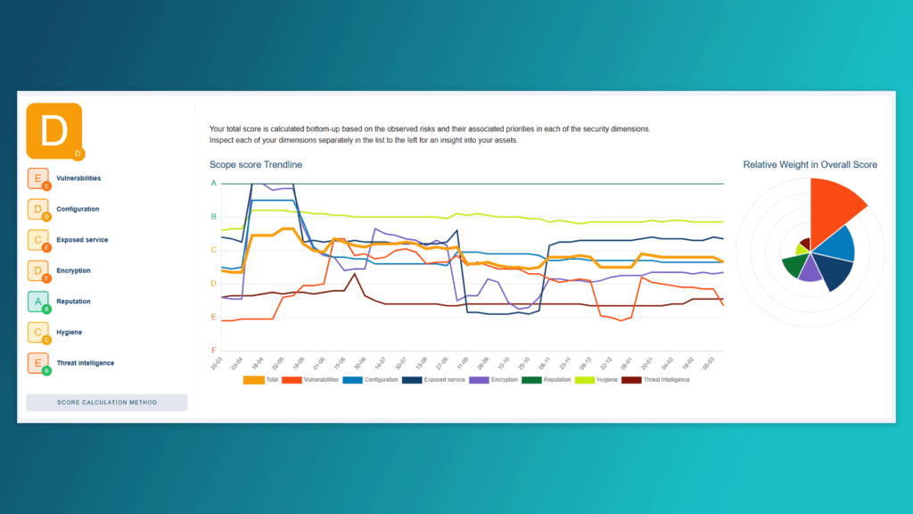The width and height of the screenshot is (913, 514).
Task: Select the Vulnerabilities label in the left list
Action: click(x=78, y=178)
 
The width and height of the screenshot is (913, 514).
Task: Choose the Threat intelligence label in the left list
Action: click(x=85, y=363)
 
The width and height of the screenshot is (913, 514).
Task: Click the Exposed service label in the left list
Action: click(x=81, y=240)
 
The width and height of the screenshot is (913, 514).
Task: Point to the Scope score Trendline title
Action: click(x=256, y=165)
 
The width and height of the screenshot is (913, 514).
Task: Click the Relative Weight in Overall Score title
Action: click(x=810, y=165)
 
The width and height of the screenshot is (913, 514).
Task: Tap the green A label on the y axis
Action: click(x=213, y=183)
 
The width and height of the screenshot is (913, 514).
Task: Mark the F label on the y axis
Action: click(x=213, y=350)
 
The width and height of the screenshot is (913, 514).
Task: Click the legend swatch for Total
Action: click(x=254, y=380)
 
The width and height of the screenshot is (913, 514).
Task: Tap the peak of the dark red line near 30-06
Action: click(x=356, y=274)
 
